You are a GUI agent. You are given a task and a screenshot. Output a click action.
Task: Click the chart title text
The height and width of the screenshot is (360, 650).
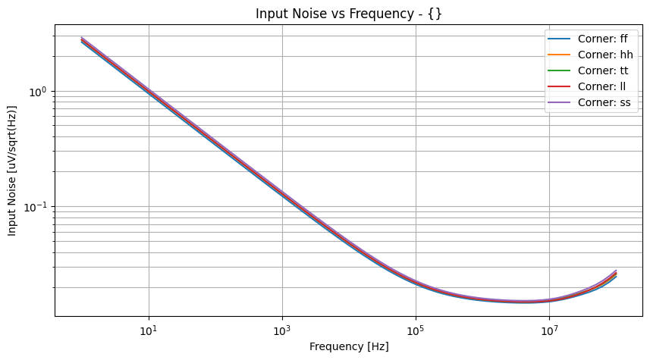pos(348,14)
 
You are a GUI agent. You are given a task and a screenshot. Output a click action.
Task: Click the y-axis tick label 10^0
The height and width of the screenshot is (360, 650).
pos(36,92)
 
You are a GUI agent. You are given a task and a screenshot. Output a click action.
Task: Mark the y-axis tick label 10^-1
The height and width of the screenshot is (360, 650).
pos(34,207)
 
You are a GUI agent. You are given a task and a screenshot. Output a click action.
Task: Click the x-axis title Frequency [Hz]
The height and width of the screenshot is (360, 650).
pos(349,346)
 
